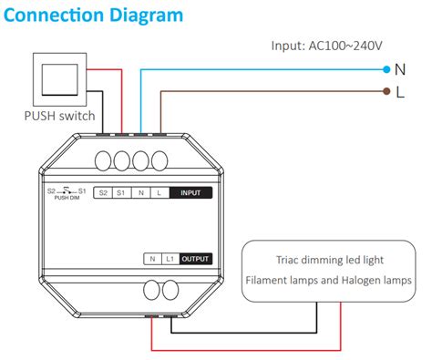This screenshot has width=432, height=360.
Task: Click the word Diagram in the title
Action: [156, 16]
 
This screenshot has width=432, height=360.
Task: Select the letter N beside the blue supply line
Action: [400, 68]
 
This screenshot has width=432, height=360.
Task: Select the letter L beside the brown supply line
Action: [400, 91]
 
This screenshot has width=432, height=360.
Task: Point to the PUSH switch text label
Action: [59, 116]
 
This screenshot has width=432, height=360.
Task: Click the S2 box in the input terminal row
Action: [102, 193]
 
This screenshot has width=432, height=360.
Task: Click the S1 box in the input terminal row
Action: [120, 193]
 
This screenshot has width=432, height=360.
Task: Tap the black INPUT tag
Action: [190, 193]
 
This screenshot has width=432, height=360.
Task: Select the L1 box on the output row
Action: [170, 259]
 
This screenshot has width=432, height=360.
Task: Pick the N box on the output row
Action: [151, 259]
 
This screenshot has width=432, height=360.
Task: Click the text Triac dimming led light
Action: [336, 259]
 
